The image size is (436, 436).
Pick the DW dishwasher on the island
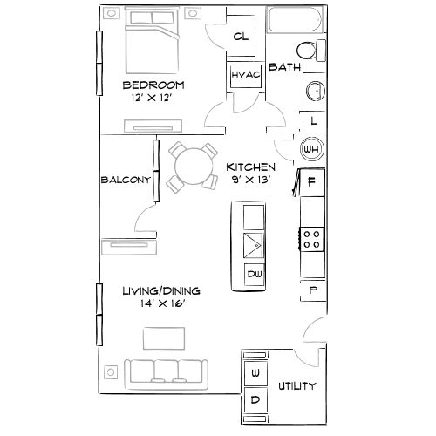(255, 276)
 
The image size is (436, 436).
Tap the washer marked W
(255, 374)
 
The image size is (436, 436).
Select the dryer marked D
(255, 401)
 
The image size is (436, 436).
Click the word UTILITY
(296, 386)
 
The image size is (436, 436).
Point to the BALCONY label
(123, 180)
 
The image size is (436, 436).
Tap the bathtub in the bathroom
(295, 21)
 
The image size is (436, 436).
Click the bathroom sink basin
(314, 91)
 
